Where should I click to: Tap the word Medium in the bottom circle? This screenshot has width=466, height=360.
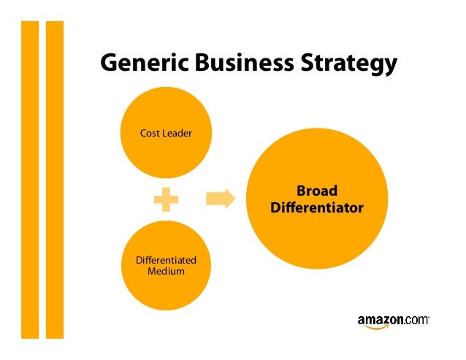[x=166, y=272]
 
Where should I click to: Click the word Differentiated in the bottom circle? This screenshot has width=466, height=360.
[x=166, y=261]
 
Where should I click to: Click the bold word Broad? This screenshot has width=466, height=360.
[x=317, y=191]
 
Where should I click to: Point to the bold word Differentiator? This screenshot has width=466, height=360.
[x=317, y=208]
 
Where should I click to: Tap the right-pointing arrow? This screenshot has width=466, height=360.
[x=221, y=199]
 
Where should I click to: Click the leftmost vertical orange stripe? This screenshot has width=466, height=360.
[x=29, y=179]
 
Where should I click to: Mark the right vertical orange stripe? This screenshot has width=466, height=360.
[x=55, y=179]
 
